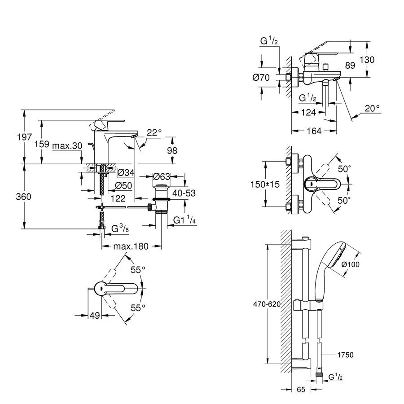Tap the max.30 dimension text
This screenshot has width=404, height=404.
[x=67, y=146]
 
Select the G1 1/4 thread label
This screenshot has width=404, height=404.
[x=184, y=220]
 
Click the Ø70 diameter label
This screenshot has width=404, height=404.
[x=261, y=78]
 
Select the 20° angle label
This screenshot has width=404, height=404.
[x=372, y=108]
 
